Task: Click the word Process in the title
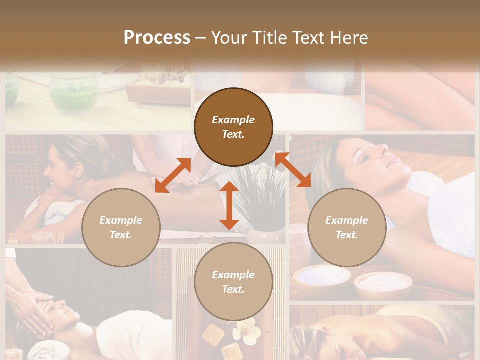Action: click(157, 38)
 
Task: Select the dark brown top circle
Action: click(233, 127)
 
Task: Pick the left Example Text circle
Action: click(121, 227)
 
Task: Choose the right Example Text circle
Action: click(347, 227)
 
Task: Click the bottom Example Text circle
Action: click(233, 282)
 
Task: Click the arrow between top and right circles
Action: click(293, 170)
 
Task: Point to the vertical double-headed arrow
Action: click(229, 205)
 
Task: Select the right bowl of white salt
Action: click(383, 284)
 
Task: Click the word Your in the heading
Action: click(229, 38)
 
